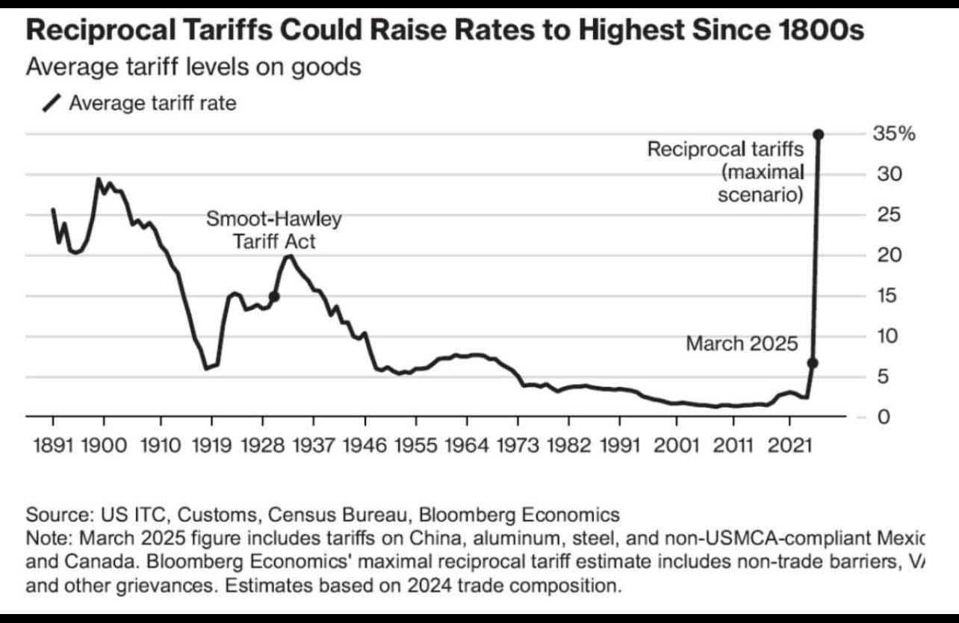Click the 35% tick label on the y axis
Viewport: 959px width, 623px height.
coord(893,134)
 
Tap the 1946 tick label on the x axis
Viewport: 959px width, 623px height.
coord(367,446)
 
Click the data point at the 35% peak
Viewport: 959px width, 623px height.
coord(819,134)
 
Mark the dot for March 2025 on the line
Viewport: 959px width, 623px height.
coord(813,363)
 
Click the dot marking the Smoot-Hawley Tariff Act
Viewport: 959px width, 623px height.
coord(274,297)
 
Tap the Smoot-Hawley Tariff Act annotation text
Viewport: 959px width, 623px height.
coord(273,230)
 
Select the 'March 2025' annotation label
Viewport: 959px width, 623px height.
coord(742,344)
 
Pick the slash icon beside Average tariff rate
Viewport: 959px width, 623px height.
coord(52,103)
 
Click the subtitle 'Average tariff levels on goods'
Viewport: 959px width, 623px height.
coord(193,66)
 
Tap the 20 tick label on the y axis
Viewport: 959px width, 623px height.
coord(884,255)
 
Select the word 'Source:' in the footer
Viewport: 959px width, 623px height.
coord(56,515)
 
